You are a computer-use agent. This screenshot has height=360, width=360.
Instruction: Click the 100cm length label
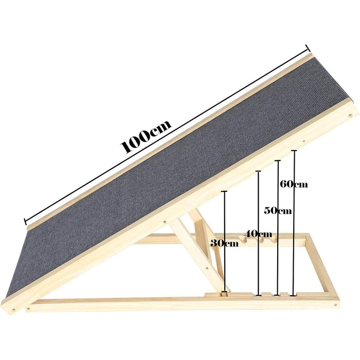point(146,136)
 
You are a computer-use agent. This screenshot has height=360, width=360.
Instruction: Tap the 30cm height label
point(224,243)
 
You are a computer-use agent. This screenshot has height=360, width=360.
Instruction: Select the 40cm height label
point(258,234)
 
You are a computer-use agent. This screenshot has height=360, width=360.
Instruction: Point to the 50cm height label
point(278,210)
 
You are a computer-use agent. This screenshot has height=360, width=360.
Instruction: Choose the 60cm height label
point(294,184)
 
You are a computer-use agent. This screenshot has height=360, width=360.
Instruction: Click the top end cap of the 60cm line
point(294,151)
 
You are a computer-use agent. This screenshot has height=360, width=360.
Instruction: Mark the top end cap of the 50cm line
point(278,160)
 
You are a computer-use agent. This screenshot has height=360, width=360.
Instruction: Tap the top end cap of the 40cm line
point(259,171)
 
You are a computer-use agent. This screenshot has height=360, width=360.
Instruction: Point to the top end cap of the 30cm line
point(224,191)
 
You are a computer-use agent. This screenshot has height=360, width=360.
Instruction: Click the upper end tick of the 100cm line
point(308,48)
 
